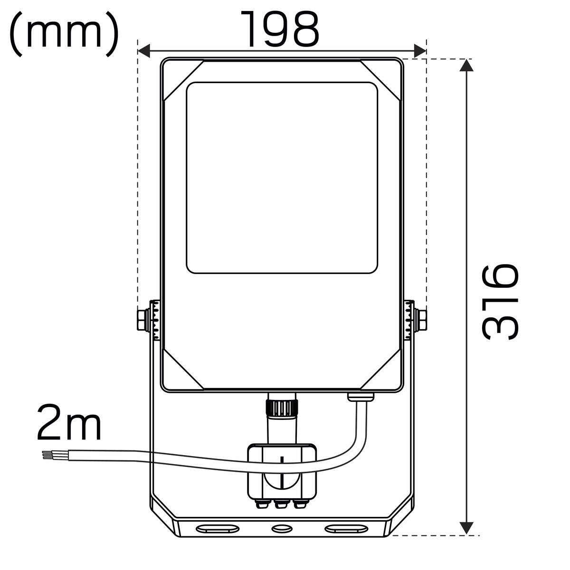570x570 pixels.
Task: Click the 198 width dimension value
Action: (x=280, y=29)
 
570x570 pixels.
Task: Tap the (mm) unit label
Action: (x=64, y=34)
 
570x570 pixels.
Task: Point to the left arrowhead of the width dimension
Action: (x=144, y=51)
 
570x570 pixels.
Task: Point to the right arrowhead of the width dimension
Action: (x=420, y=51)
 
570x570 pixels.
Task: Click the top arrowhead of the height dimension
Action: (x=466, y=65)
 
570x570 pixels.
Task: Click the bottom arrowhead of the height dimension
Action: (x=466, y=528)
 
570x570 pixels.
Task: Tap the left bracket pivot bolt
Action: (x=143, y=320)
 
